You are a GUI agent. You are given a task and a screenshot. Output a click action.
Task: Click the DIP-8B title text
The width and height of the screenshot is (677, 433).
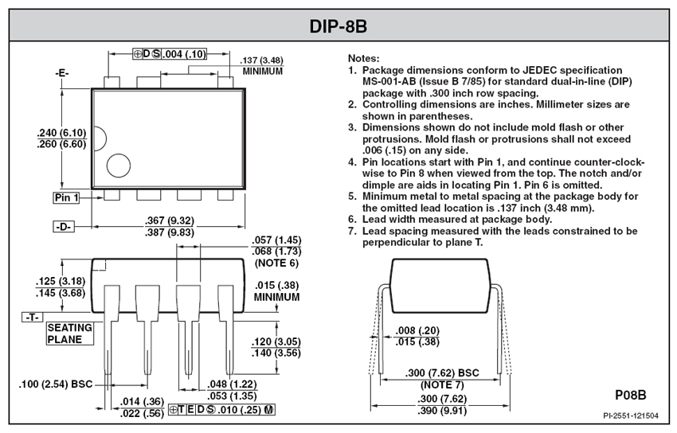click(x=338, y=26)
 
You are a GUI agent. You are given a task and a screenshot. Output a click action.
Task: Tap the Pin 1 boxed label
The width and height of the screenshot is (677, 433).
click(x=66, y=197)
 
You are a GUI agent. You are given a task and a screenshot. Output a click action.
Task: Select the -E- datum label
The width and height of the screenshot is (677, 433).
click(x=62, y=73)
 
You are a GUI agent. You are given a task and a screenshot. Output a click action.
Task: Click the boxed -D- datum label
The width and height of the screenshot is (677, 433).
click(x=64, y=226)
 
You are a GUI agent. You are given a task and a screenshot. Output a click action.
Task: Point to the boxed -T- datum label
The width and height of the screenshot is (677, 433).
click(x=33, y=318)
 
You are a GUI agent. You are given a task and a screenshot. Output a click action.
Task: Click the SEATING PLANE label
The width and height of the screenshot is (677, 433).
click(x=70, y=334)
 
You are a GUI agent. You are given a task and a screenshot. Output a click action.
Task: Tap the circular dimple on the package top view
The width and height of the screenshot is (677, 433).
click(x=119, y=166)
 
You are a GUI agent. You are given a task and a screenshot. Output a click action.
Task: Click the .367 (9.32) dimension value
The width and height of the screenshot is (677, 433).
click(x=169, y=220)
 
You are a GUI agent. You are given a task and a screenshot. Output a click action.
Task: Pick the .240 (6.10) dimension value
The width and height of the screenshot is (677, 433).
click(x=61, y=133)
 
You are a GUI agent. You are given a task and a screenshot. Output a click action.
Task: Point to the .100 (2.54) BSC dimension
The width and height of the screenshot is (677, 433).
click(x=55, y=384)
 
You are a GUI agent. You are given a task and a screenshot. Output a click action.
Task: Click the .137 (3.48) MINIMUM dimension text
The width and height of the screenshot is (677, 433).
click(x=262, y=65)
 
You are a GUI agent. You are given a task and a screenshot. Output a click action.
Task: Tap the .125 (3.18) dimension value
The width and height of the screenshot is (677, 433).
click(x=61, y=281)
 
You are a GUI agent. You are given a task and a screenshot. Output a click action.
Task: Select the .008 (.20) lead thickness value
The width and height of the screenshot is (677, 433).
click(x=417, y=330)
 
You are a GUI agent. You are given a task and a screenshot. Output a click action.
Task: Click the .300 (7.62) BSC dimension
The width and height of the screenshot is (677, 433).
click(x=442, y=373)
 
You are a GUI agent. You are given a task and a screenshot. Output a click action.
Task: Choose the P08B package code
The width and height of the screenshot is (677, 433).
click(x=630, y=395)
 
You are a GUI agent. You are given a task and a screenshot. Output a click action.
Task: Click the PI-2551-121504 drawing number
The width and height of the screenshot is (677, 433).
click(x=631, y=415)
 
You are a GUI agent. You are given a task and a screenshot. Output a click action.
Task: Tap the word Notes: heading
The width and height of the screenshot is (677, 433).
click(x=363, y=58)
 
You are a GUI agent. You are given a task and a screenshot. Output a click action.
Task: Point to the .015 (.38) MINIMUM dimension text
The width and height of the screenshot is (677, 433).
click(x=276, y=291)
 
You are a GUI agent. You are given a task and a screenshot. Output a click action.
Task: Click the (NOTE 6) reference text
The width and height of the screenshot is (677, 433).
click(x=276, y=263)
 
